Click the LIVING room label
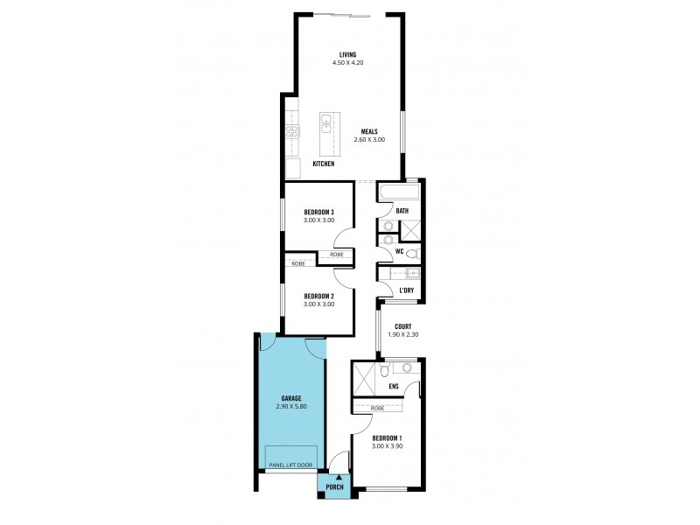[x=348, y=55]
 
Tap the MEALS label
[x=368, y=132]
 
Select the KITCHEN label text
[x=324, y=164]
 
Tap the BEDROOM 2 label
[x=318, y=296]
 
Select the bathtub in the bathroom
[x=399, y=192]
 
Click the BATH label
[x=402, y=211]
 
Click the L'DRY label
[x=405, y=290]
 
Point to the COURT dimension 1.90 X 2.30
[x=402, y=334]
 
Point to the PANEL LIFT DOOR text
[x=290, y=465]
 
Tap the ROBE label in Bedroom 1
[x=378, y=409]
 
